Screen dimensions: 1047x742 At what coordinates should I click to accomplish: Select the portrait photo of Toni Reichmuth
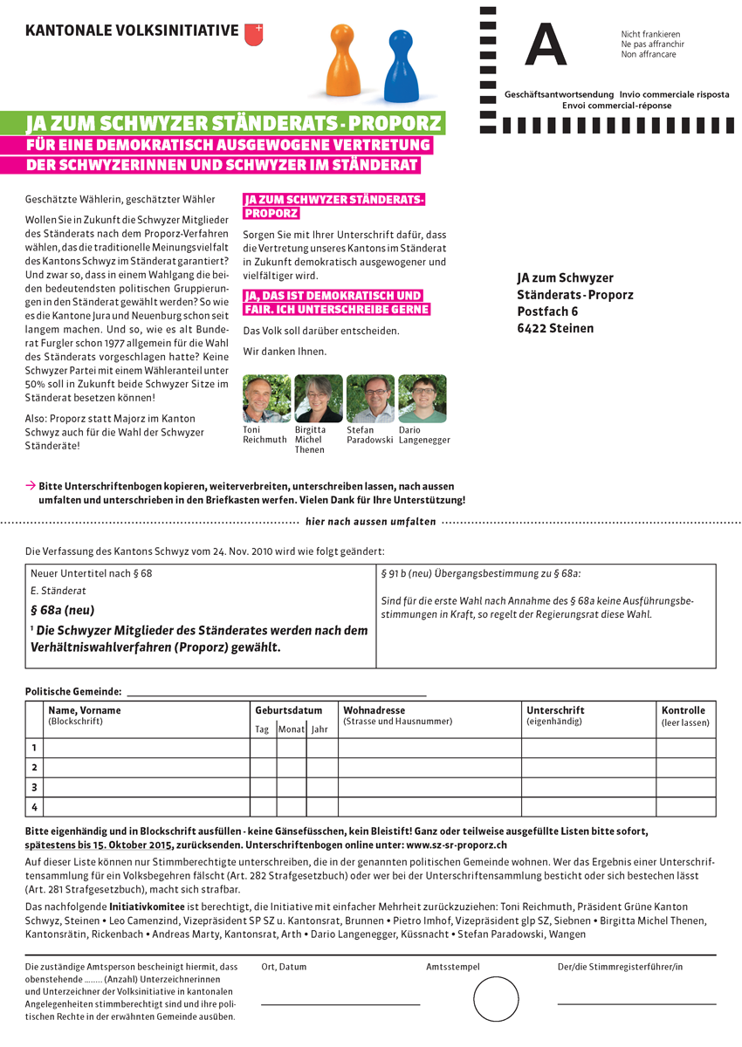click(266, 399)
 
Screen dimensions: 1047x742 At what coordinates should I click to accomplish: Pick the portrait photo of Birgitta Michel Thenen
click(319, 399)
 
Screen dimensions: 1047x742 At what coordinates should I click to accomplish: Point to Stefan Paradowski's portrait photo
click(370, 399)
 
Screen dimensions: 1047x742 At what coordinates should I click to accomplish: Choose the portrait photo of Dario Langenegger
click(423, 399)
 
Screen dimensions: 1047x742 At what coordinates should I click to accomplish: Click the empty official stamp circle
click(496, 999)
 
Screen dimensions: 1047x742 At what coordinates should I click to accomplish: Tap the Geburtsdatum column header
click(288, 710)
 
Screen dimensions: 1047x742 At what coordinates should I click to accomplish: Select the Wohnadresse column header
click(374, 710)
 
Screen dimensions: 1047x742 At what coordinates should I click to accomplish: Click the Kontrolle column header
click(683, 710)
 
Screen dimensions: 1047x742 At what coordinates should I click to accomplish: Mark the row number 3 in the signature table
click(34, 787)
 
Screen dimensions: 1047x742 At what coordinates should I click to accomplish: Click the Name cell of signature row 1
click(147, 748)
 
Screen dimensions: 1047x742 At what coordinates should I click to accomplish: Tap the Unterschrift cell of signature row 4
click(589, 807)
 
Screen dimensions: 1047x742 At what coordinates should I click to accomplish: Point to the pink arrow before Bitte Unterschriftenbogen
click(31, 485)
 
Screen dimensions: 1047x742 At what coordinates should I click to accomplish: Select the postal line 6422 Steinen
click(555, 328)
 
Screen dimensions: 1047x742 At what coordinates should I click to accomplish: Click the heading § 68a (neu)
click(62, 610)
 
